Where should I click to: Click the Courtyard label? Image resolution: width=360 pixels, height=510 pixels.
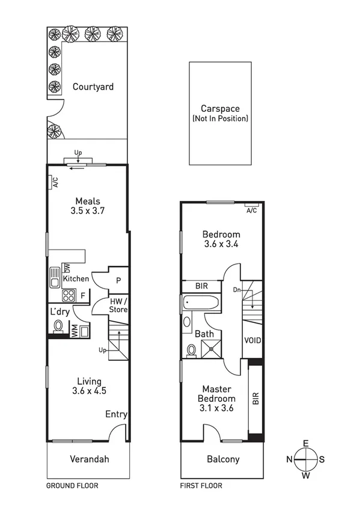(93, 87)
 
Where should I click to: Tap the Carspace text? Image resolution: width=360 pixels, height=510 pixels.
(220, 109)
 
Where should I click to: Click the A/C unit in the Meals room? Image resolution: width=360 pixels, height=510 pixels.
(54, 181)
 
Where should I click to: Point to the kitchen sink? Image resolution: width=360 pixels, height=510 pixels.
(55, 280)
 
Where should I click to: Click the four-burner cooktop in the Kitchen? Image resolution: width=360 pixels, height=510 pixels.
(69, 295)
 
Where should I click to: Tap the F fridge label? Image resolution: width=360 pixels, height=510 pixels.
(83, 295)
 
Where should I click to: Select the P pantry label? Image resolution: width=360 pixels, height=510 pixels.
(118, 280)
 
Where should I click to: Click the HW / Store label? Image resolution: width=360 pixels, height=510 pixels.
(118, 306)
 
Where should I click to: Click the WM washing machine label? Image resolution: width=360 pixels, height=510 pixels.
(75, 330)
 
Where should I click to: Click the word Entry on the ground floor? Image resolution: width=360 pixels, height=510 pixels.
(116, 414)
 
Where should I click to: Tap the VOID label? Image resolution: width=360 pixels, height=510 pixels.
(252, 340)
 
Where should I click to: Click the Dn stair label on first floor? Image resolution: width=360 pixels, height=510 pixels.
(237, 290)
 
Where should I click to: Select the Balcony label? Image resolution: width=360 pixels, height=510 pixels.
(223, 459)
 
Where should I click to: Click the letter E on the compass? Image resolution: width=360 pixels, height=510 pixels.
(305, 443)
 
